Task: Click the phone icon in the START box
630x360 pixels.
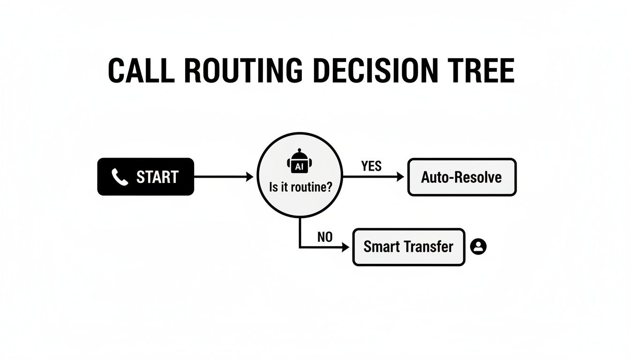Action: tap(120, 177)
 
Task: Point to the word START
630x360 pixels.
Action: tap(157, 177)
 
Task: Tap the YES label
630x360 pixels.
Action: tap(371, 166)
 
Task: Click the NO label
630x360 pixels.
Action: tap(324, 237)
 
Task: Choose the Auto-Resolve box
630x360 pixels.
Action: tap(462, 177)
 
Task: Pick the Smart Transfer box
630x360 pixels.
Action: tap(408, 247)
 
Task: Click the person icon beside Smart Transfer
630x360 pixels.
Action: tap(478, 247)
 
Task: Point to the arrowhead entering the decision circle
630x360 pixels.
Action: tap(249, 177)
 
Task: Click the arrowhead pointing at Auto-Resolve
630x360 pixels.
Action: tap(400, 177)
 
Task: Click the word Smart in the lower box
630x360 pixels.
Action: tap(379, 247)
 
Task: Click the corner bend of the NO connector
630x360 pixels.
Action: tap(300, 247)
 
